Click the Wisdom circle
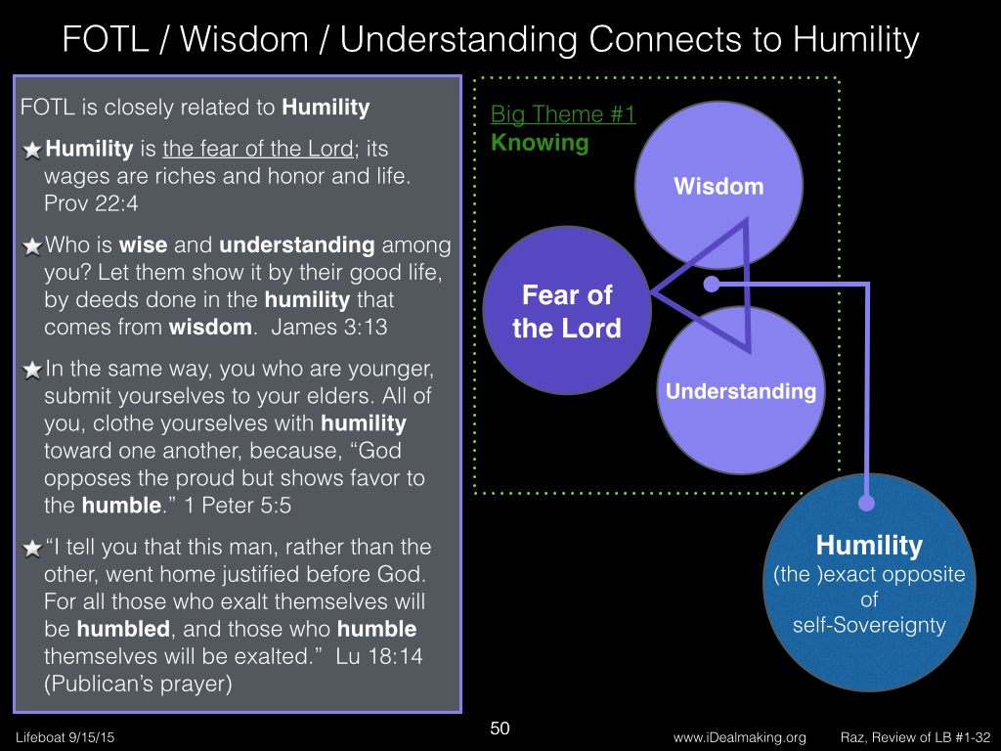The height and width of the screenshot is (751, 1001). [x=718, y=185]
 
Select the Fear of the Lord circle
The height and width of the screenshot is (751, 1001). [x=567, y=310]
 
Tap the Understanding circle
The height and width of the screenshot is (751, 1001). [x=741, y=390]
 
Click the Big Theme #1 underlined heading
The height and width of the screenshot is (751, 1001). [x=563, y=114]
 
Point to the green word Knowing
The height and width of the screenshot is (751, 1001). [x=540, y=143]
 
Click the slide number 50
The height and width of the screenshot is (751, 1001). [x=500, y=729]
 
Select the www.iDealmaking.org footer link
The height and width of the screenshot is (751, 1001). [x=739, y=737]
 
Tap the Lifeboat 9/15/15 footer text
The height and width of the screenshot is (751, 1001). [x=65, y=737]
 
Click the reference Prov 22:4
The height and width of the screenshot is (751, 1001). [x=91, y=203]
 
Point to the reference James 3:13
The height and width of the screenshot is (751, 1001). [x=328, y=327]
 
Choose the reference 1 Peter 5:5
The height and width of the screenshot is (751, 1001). [x=238, y=506]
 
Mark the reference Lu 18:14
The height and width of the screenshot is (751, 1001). [x=379, y=656]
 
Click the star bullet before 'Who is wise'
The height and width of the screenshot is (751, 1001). [x=32, y=245]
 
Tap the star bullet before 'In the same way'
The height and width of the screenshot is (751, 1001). [x=32, y=370]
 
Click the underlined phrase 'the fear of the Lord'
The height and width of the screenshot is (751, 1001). [x=258, y=149]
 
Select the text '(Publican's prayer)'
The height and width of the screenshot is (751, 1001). [x=138, y=684]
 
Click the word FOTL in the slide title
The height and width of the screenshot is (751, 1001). [x=106, y=39]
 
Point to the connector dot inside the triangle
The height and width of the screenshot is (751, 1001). [x=712, y=285]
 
